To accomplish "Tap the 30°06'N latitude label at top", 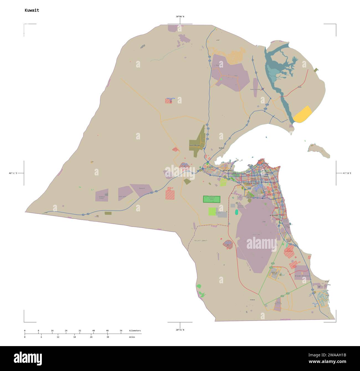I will pos(180,17).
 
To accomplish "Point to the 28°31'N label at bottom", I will pos(180,330).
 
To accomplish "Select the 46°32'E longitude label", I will pos(13,173).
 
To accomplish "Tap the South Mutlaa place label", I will pos(194,145).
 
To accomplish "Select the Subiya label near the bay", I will pos(221,148).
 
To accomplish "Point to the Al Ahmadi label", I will pos(273,215).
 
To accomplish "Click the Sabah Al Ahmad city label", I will pos(274,273).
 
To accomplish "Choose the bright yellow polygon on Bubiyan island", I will pos(302,114).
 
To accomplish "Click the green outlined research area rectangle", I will pos(212,199).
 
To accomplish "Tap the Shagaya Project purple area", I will pos(102,195).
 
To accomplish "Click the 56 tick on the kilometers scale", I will pos(121,331).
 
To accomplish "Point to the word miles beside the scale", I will pos(132,337).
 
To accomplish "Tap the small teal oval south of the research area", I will pos(236,212).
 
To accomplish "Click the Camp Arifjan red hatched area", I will pos(289,252).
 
